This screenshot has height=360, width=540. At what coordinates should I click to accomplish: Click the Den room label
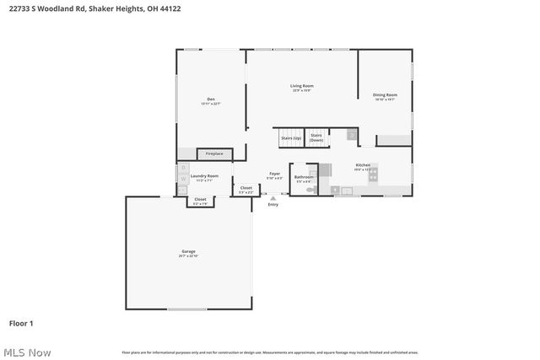(x=211, y=99)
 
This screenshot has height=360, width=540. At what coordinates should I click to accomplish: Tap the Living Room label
(x=302, y=86)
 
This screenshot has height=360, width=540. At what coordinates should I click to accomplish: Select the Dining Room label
(x=385, y=95)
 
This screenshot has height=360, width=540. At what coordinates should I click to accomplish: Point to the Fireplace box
(x=214, y=153)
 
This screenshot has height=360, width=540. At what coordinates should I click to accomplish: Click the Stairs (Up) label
(x=291, y=137)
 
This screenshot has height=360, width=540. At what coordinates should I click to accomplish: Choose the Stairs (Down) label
(x=316, y=137)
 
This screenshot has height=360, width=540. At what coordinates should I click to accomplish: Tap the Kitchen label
(x=363, y=165)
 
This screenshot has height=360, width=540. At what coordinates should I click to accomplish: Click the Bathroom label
(x=303, y=177)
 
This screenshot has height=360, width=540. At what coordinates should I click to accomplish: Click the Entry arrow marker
(x=273, y=198)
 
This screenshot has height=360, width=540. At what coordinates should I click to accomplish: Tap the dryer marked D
(x=182, y=168)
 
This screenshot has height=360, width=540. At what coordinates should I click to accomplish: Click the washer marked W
(x=182, y=180)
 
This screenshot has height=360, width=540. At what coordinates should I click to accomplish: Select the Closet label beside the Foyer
(x=246, y=188)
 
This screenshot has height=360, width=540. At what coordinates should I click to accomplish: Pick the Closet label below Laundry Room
(x=201, y=201)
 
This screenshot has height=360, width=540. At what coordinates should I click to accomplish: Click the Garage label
(x=188, y=251)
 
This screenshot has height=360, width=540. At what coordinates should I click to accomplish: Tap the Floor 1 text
(x=21, y=323)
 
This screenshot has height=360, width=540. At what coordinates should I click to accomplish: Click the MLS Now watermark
(x=27, y=352)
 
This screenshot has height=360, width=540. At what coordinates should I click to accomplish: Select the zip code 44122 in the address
(x=170, y=8)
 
